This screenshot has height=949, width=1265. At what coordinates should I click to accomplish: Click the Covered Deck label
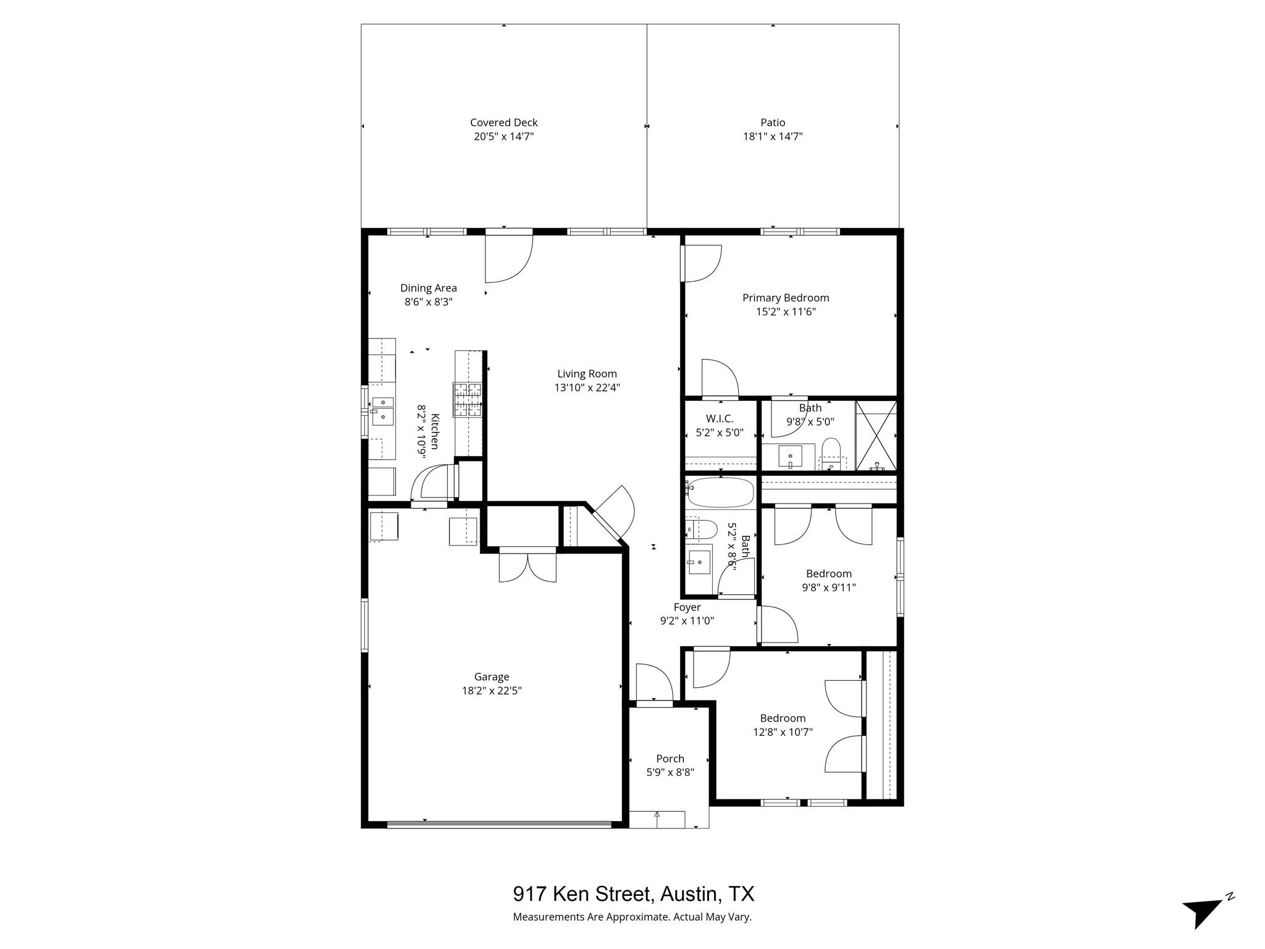point(503,122)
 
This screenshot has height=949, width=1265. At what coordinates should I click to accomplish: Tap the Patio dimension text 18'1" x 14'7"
point(772,137)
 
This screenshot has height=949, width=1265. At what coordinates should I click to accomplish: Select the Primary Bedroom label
point(785,298)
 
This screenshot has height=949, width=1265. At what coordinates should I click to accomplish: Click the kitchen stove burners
point(467,399)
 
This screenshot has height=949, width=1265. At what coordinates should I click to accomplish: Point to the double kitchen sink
point(382,410)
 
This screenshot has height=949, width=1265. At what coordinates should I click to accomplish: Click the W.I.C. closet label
point(719,419)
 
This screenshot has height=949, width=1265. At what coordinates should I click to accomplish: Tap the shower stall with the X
point(875,435)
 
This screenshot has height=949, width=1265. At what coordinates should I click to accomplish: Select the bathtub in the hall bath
point(720,492)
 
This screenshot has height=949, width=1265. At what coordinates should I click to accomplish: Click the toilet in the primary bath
point(831,453)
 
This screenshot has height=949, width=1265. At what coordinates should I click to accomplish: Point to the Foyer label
point(687,607)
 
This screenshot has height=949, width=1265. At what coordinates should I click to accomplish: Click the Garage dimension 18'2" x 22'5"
point(492,691)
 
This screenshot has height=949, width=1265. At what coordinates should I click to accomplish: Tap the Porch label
point(670,759)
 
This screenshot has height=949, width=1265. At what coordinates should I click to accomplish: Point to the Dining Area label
point(428,288)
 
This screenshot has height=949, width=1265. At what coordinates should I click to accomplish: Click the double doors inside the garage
point(527,565)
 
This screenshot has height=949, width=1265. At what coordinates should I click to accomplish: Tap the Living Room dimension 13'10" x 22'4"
point(587,388)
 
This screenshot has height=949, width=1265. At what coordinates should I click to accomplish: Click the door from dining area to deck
point(508,255)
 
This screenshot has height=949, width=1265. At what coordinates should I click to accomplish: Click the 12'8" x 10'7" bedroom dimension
point(782,732)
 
